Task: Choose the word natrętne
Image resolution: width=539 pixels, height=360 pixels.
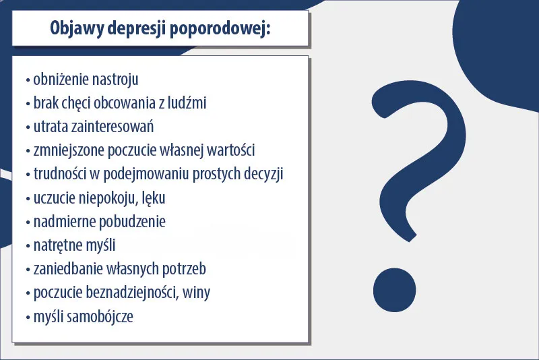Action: (x=58, y=245)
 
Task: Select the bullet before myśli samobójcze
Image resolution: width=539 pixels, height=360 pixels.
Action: (x=27, y=316)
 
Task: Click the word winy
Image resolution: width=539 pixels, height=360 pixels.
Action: (x=207, y=292)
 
